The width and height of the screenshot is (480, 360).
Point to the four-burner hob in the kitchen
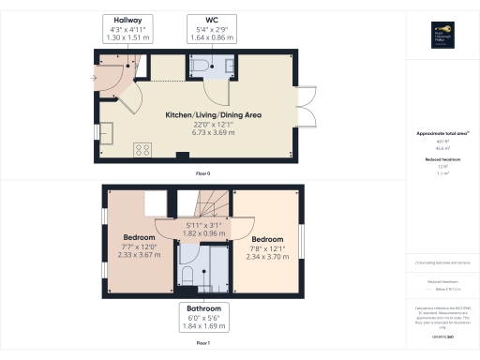(145, 149)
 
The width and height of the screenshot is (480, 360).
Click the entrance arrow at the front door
(94, 79)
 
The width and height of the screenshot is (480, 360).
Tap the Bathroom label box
(202, 317)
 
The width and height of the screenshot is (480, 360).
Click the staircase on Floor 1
(208, 202)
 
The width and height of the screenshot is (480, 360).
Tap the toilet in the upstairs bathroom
(187, 274)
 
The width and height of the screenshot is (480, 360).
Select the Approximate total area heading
(442, 134)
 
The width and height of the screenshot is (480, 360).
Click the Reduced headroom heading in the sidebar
(442, 159)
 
